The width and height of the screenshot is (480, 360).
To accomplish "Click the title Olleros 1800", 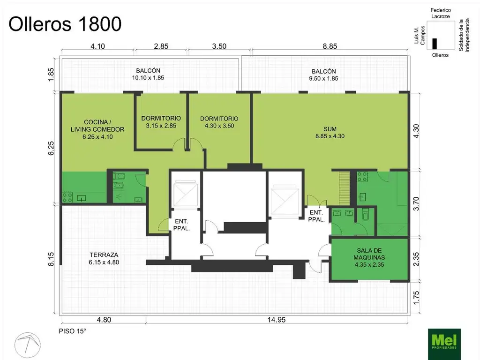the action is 65,24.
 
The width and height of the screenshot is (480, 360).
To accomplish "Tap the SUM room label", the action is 330,133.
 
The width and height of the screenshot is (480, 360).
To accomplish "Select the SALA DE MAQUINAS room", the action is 369,259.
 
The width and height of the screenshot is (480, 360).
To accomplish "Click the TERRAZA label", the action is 104,258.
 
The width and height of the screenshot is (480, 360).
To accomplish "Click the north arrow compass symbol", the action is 27,345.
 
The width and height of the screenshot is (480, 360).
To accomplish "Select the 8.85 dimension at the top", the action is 330,46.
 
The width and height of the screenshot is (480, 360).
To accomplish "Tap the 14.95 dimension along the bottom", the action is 277,320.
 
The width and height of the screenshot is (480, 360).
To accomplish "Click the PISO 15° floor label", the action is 72,331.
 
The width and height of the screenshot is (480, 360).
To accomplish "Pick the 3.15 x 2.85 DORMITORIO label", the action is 161,122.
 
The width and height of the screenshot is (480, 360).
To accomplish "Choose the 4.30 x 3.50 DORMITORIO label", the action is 219,122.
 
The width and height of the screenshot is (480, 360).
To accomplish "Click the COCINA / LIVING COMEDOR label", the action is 97,129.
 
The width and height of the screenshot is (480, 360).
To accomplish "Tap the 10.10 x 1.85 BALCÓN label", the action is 148,74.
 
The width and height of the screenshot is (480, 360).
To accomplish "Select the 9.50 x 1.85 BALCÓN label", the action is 323,75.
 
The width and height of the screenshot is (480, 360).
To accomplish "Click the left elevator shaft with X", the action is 185,194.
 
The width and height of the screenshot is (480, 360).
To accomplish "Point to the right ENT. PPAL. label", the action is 316,216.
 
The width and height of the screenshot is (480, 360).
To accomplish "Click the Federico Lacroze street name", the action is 441,13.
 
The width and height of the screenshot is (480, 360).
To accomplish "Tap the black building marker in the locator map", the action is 435,44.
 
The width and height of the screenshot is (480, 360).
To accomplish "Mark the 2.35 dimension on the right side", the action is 416,259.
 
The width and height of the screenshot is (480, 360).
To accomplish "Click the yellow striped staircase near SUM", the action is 344,188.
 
